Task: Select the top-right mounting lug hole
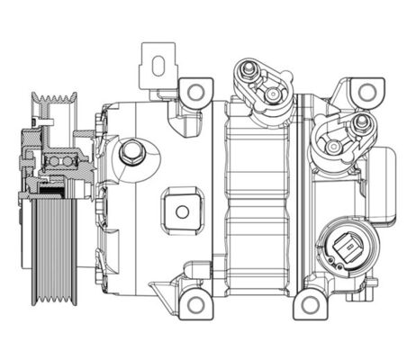[365, 92]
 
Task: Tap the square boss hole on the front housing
[183, 212]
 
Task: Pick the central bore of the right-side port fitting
[334, 146]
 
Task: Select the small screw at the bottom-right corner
[372, 290]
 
